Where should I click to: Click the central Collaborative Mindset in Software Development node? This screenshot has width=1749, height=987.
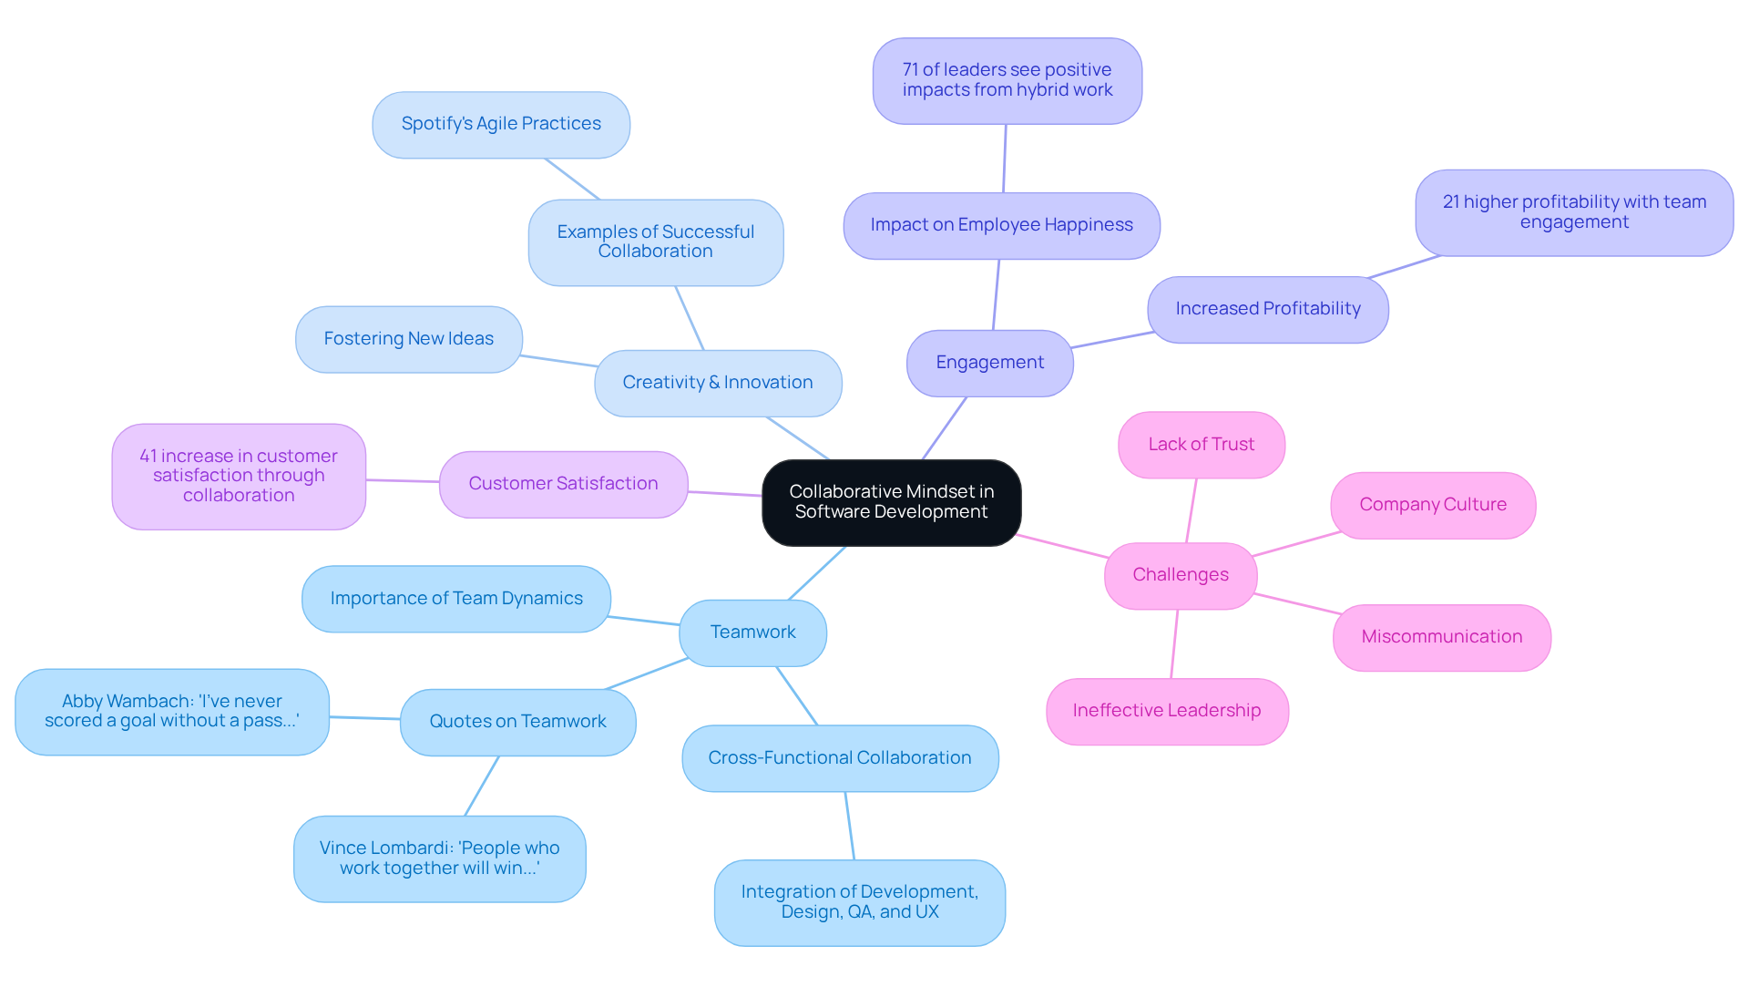[x=891, y=502]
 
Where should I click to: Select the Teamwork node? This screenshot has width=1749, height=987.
[x=752, y=632]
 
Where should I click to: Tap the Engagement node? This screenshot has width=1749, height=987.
[x=989, y=363]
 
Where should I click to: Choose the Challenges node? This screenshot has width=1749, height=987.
[x=1180, y=575]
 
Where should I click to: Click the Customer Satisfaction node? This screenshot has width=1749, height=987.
[x=563, y=484]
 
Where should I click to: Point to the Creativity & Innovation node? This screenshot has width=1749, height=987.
[x=717, y=383]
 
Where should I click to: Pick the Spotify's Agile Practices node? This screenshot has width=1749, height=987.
[x=501, y=124]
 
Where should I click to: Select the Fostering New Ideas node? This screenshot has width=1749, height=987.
[x=408, y=339]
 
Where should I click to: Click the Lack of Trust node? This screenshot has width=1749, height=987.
[x=1201, y=445]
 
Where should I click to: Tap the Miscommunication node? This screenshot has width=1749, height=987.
[x=1441, y=637]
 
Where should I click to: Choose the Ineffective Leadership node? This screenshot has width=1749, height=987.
[x=1166, y=711]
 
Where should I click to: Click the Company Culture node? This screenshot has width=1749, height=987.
[x=1432, y=505]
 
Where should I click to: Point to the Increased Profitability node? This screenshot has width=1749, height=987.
[x=1267, y=309]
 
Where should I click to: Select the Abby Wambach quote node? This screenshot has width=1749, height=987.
[x=171, y=712]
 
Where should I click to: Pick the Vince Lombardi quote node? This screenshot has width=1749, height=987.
[x=439, y=858]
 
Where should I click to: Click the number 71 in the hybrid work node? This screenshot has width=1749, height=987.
[x=910, y=70]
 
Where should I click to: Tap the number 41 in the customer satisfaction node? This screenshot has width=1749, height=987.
[x=148, y=456]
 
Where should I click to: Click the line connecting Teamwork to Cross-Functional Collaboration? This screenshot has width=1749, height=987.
[x=797, y=696]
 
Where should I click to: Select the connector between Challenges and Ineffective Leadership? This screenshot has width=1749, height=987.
[x=1174, y=643]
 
